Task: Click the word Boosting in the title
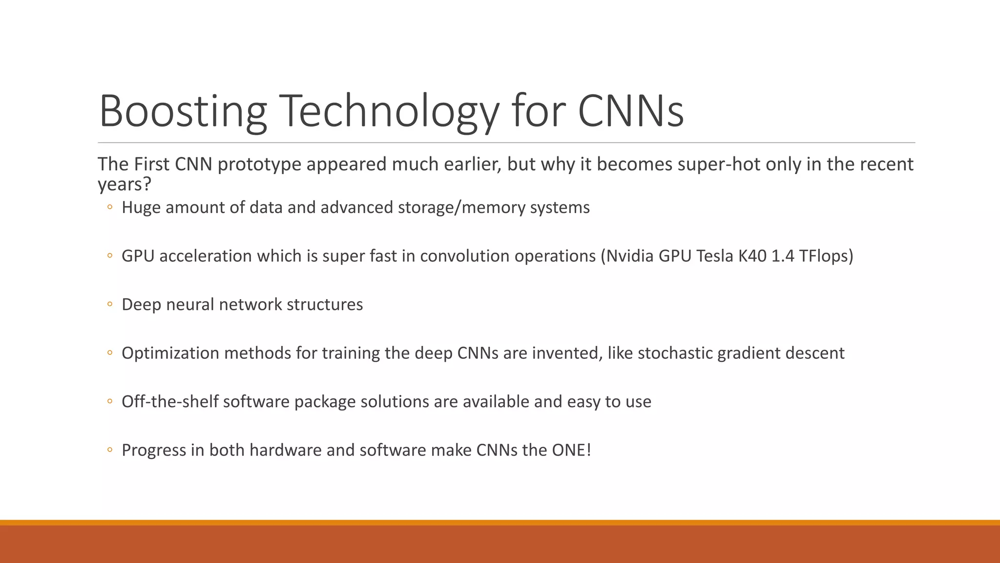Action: tap(183, 111)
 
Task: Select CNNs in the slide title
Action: tap(630, 111)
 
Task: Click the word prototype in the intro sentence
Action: tap(259, 164)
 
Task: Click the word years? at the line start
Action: tap(125, 184)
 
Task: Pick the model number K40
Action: tap(752, 256)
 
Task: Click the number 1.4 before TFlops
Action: tap(783, 256)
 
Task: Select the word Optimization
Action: tap(170, 353)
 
